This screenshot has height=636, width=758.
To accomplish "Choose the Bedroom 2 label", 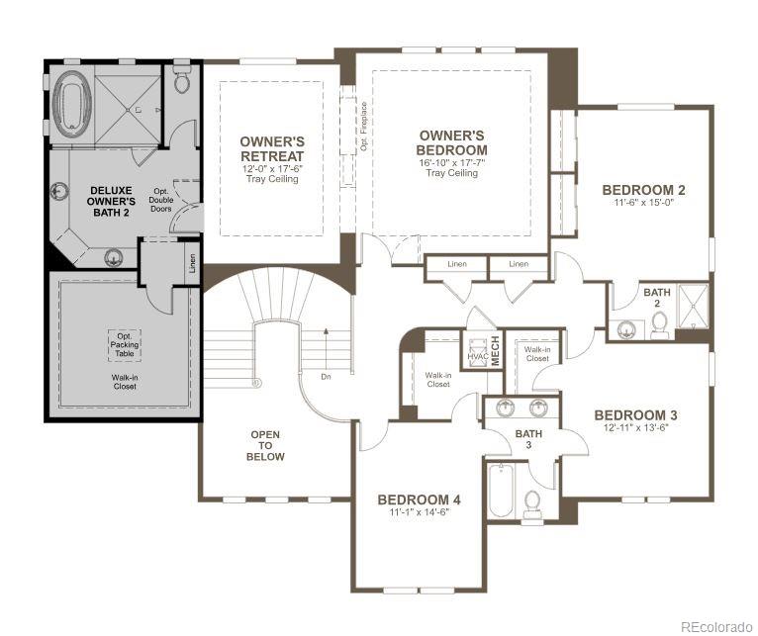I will point(643,189).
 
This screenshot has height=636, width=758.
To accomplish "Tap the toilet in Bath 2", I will point(660,324).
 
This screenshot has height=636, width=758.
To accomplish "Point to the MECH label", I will point(496,352).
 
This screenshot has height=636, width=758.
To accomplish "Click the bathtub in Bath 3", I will point(500,491).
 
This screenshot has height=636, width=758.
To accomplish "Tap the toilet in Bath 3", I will point(532,503).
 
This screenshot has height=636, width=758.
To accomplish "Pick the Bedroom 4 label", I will point(419,500).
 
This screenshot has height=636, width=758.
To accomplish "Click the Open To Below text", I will point(265,444).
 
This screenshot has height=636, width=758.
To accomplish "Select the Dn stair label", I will point(326,377).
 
